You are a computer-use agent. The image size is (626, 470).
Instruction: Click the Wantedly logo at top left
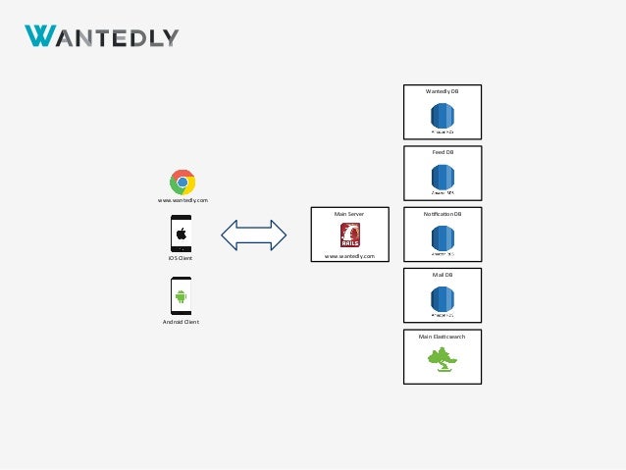(x=101, y=36)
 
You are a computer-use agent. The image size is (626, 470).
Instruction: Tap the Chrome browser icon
(x=182, y=182)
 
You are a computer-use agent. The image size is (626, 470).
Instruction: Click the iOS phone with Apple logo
(x=182, y=235)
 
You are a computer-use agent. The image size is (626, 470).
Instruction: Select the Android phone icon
(x=182, y=294)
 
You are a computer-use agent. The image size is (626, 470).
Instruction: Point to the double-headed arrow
(x=253, y=235)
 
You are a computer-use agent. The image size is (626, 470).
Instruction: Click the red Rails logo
(x=349, y=235)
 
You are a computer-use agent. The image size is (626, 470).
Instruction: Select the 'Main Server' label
(x=349, y=212)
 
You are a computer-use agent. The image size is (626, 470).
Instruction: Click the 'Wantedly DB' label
(x=443, y=90)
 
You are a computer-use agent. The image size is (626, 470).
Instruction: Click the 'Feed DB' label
(x=443, y=152)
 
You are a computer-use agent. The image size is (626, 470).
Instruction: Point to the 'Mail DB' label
(x=443, y=275)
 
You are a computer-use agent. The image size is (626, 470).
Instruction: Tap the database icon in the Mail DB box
(x=443, y=301)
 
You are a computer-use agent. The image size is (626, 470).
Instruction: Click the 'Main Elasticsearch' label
(x=443, y=337)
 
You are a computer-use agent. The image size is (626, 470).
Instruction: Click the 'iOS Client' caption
(x=181, y=259)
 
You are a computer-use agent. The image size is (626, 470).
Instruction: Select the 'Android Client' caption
(x=181, y=321)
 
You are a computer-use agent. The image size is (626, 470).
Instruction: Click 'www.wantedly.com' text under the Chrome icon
(x=183, y=199)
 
